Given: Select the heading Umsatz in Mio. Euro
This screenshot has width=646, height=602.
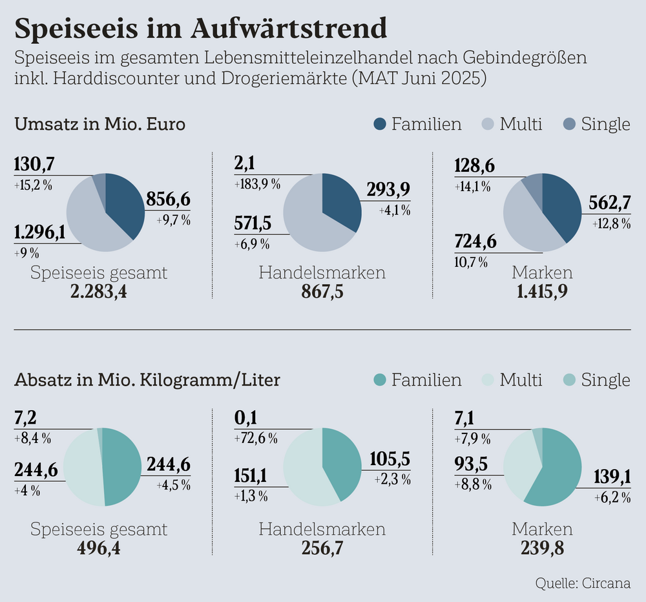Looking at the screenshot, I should tap(100, 124).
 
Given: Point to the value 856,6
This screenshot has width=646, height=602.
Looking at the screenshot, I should tap(168, 200).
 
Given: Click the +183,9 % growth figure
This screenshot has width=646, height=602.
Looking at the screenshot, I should tap(256, 184).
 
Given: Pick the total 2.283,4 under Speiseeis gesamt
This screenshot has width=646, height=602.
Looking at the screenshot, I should tap(99, 291).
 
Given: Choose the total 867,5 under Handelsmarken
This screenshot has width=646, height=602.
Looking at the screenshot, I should tap(322, 291).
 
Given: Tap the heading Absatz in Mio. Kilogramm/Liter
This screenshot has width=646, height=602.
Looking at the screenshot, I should tap(147, 380).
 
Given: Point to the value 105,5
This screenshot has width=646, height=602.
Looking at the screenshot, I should tap(390, 459).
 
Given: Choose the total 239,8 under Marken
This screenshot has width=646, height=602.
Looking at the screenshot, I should tap(542, 548).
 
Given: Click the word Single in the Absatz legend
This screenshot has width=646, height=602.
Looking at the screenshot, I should tap(605, 380).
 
